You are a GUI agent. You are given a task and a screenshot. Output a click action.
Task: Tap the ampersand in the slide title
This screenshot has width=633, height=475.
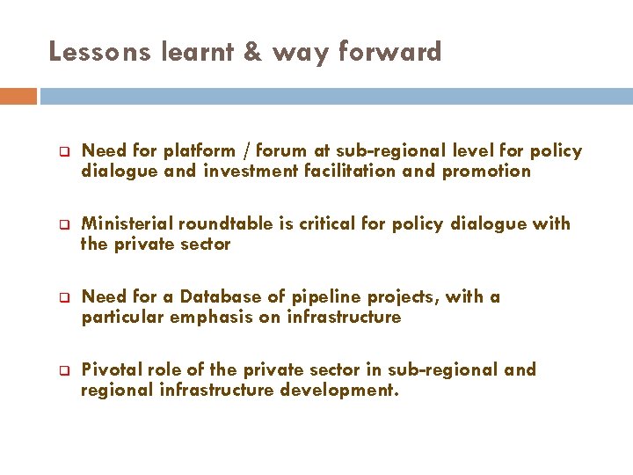coord(252,53)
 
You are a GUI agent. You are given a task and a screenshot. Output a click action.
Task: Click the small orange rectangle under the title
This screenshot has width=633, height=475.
coord(18,96)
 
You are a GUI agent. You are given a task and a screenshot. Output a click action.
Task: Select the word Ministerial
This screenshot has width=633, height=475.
coord(128,224)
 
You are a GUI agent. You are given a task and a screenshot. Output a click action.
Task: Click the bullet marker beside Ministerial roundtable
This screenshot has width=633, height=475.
coord(64,224)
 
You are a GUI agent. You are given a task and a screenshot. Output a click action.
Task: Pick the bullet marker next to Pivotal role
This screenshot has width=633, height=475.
coord(64,370)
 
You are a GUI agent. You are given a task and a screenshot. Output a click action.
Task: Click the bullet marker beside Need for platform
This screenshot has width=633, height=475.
coord(64,151)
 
